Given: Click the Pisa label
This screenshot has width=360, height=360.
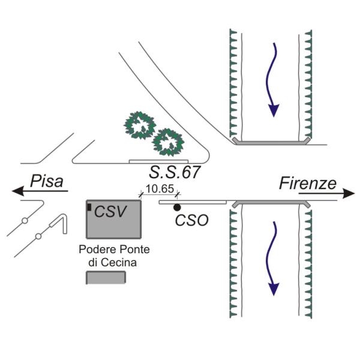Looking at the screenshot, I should (47, 181).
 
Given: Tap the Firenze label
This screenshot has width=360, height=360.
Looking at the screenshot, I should (307, 184).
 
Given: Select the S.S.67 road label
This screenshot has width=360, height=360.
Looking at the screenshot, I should (175, 173).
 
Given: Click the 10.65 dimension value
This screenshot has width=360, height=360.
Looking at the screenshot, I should (160, 189).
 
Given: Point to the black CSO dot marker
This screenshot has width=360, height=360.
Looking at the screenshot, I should (177, 208).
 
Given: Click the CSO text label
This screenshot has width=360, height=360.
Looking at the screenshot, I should (191, 220).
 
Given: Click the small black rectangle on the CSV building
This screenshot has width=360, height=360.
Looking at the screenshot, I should (89, 207).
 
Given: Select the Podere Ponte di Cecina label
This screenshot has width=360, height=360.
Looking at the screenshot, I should (114, 256).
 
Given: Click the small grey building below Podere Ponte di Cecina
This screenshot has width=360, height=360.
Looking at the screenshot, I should (106, 277).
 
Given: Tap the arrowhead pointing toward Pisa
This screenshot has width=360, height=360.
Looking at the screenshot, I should (19, 191).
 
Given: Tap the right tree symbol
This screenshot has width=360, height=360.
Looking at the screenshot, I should (167, 142).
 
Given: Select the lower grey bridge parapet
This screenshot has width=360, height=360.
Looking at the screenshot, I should (271, 204).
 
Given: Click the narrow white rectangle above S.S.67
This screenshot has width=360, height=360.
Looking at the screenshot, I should (158, 161).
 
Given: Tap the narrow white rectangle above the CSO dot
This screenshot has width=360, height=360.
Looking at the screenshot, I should (192, 202).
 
